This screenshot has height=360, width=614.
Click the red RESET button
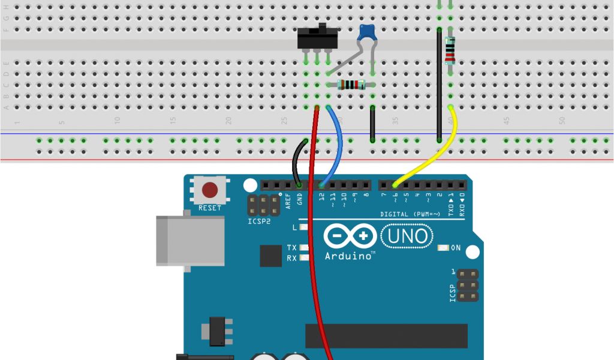[210, 190]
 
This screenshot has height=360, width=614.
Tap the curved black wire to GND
[296, 162]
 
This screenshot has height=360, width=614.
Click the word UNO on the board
[408, 236]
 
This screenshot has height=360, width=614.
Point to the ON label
[455, 248]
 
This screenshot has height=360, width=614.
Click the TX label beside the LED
[291, 247]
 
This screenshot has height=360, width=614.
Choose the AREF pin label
[288, 200]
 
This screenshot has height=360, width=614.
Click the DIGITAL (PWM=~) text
[410, 214]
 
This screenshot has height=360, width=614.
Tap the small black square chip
[270, 256]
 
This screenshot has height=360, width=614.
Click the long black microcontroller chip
[386, 336]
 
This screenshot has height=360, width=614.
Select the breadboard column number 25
[284, 120]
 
